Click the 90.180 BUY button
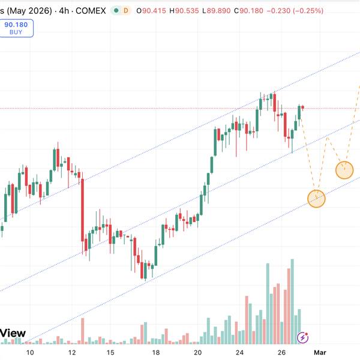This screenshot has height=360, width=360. tap(17, 29)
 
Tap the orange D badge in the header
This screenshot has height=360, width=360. tap(125, 11)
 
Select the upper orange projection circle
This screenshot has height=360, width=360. tap(344, 170)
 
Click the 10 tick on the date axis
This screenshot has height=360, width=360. tap(31, 353)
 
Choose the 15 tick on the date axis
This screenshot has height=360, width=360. tap(111, 353)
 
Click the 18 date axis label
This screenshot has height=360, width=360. tap(155, 353)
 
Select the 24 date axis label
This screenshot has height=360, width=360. tap(240, 353)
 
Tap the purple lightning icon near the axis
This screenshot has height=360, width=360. tap(304, 338)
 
